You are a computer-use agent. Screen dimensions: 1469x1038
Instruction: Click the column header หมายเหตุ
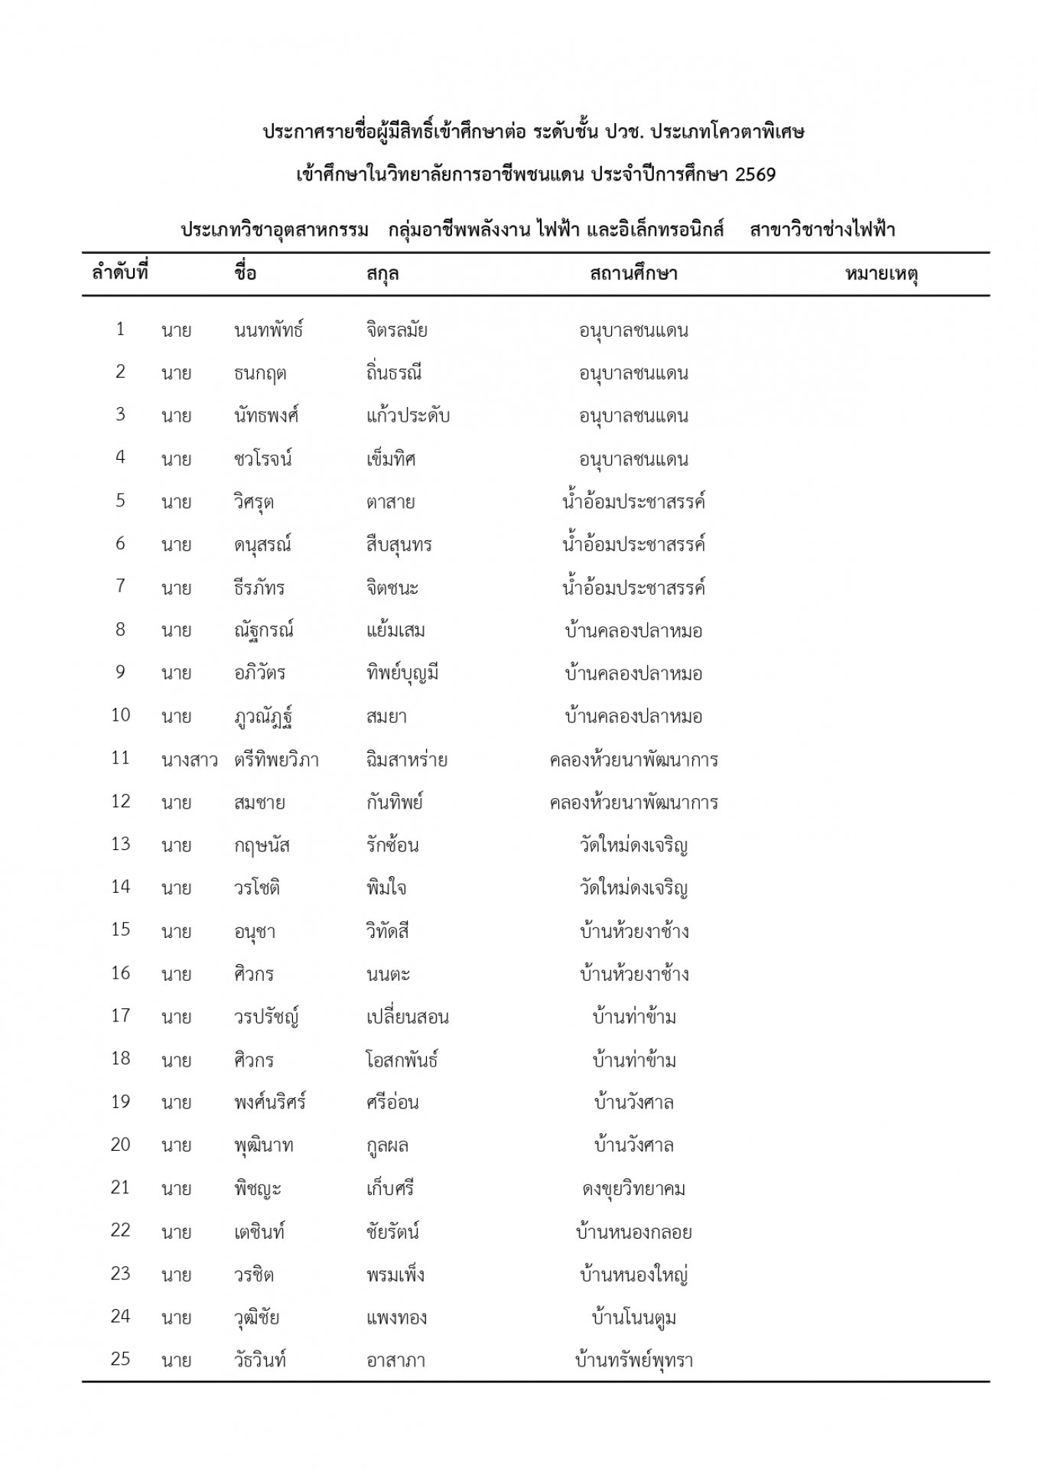click(x=881, y=274)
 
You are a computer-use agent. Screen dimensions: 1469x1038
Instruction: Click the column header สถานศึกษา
click(x=633, y=274)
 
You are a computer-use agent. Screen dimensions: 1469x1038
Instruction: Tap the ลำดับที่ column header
click(x=120, y=272)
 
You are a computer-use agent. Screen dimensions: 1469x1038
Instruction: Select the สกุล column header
click(x=382, y=274)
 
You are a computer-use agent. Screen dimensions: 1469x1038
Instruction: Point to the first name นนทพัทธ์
click(x=268, y=331)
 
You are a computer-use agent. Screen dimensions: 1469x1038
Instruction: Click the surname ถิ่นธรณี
click(x=394, y=373)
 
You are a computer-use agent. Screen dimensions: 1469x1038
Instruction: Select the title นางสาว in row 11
click(x=190, y=761)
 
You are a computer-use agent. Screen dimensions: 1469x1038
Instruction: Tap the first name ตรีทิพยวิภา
click(x=277, y=761)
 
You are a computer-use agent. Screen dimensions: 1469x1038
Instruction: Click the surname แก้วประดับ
click(x=408, y=416)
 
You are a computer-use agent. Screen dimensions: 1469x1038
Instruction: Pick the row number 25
click(x=121, y=1360)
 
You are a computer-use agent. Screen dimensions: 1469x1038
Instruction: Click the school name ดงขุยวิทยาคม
click(x=633, y=1189)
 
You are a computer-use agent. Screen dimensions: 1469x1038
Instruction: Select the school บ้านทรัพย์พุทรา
click(x=633, y=1360)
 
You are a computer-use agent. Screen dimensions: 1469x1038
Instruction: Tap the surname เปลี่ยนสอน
click(x=407, y=1018)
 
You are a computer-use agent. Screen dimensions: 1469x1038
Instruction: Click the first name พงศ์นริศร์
click(x=270, y=1103)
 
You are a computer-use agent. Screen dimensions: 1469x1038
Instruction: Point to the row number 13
click(x=121, y=845)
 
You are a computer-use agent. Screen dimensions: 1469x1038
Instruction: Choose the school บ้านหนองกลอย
click(x=633, y=1232)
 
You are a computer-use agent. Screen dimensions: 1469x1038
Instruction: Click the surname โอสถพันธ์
click(x=402, y=1060)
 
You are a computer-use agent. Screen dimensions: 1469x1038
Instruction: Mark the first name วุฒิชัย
click(x=257, y=1318)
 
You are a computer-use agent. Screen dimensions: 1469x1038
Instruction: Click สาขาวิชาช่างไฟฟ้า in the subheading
click(x=822, y=230)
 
